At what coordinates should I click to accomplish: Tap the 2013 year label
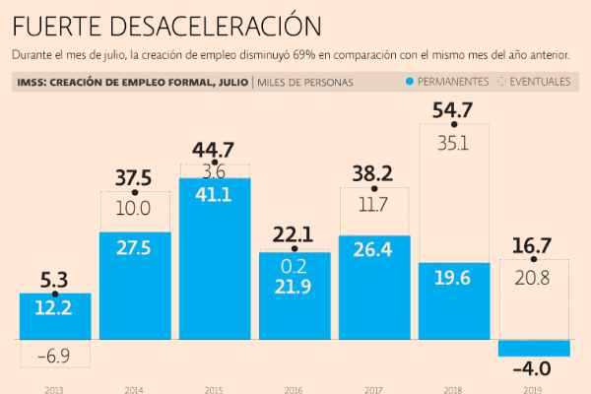(56, 389)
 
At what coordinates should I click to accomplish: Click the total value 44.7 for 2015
(214, 150)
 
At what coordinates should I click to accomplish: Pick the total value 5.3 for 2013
(55, 280)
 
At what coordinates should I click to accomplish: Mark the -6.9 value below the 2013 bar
(55, 353)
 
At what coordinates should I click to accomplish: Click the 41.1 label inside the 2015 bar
(214, 195)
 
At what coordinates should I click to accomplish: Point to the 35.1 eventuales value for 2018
(454, 142)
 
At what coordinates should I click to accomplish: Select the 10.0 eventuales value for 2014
(135, 209)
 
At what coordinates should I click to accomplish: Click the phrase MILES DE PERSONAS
(305, 83)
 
